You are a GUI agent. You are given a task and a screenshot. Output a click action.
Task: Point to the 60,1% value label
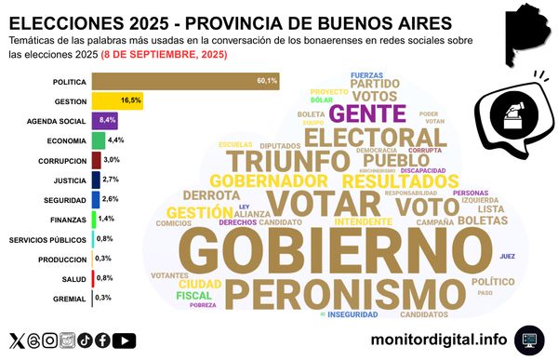[267, 81]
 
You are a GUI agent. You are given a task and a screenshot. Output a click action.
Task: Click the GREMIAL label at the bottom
[73, 298]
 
